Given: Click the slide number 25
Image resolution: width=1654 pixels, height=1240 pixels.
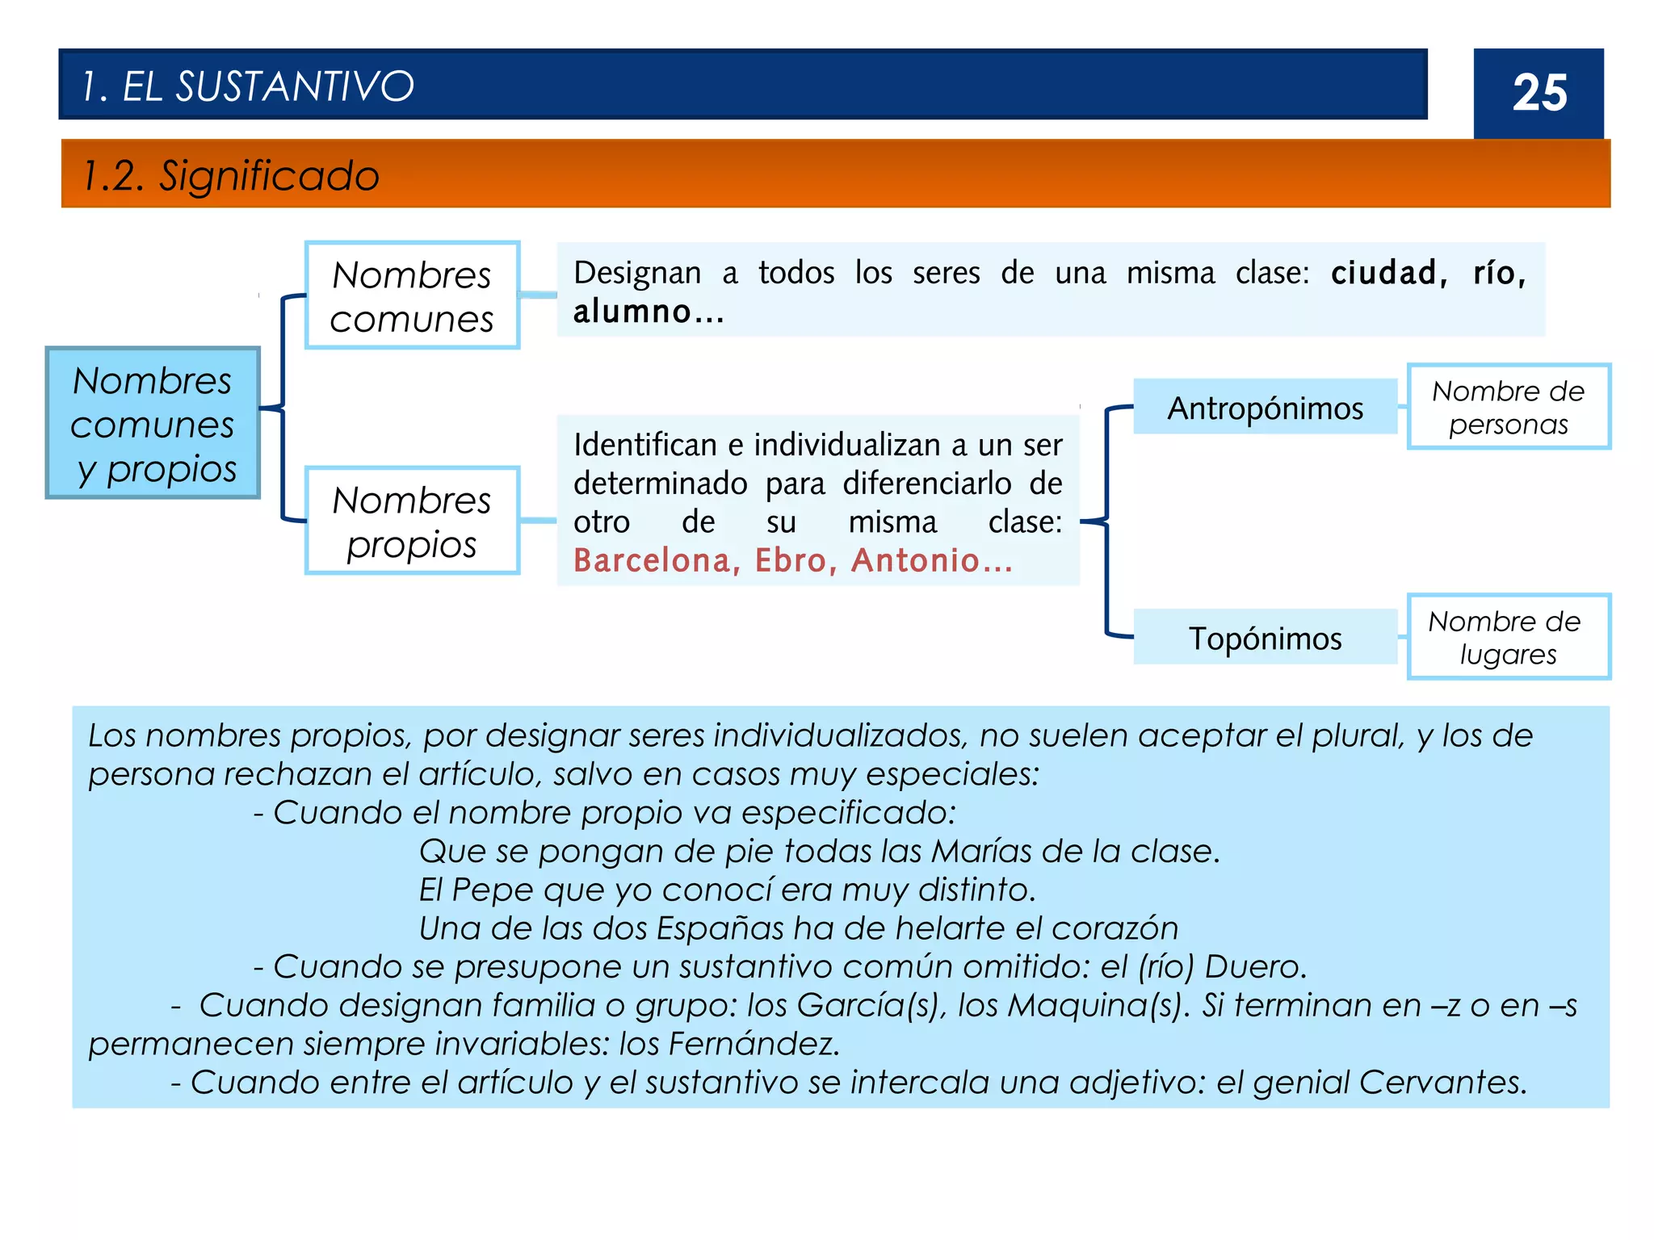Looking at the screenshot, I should tap(1539, 93).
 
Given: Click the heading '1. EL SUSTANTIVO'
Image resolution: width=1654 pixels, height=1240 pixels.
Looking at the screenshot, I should tap(248, 86).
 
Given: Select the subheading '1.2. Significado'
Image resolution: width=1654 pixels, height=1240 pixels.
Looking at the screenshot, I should tap(231, 175).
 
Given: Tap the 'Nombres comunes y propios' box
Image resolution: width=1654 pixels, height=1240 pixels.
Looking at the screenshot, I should tap(153, 423).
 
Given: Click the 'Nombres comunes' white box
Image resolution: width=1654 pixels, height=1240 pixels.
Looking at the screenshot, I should tap(412, 295).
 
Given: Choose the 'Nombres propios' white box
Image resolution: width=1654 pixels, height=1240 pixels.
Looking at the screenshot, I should tap(412, 521).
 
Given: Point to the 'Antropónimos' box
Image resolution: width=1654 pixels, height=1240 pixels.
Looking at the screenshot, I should tap(1265, 408).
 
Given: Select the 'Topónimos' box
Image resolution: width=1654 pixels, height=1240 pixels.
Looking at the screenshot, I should tap(1265, 638).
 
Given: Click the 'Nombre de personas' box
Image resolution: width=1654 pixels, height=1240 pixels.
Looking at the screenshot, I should tap(1508, 407).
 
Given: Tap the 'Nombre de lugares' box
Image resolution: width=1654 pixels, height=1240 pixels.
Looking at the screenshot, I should tap(1508, 637).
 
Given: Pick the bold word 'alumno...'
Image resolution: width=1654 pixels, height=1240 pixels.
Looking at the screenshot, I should tap(649, 312).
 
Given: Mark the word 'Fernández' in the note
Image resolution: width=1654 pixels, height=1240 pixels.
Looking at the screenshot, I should tap(753, 1044).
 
